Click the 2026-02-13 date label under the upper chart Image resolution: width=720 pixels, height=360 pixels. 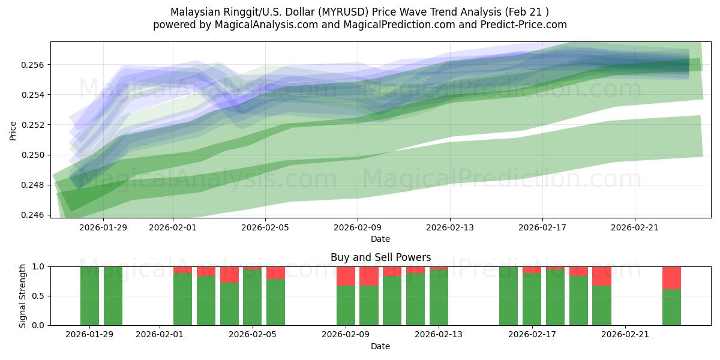click(x=450, y=227)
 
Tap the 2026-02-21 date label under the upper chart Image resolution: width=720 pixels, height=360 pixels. click(x=635, y=227)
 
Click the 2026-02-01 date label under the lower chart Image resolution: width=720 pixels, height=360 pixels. click(x=160, y=335)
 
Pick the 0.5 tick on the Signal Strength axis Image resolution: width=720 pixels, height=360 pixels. click(x=38, y=296)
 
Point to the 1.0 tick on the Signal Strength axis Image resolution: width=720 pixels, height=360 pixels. click(x=38, y=266)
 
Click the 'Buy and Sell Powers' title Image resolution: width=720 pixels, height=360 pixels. click(x=380, y=257)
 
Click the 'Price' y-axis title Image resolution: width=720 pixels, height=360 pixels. click(x=14, y=130)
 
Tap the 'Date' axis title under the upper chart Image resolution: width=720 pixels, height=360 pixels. click(x=380, y=239)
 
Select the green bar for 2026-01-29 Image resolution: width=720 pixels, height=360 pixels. click(x=89, y=296)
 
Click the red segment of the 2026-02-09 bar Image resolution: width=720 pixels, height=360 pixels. click(x=346, y=276)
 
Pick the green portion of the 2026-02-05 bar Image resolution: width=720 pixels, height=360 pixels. click(x=253, y=298)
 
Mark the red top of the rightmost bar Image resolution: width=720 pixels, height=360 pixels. click(x=671, y=278)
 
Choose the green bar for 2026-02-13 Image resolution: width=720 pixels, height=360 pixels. click(x=439, y=298)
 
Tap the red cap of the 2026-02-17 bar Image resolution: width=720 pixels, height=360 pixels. click(x=532, y=270)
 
